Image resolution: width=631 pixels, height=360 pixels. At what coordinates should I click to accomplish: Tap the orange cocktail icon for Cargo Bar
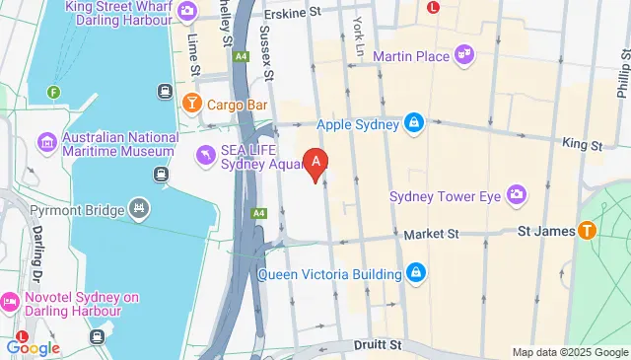tap(191, 103)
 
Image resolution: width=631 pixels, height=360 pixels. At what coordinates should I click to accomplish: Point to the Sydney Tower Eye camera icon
tap(517, 194)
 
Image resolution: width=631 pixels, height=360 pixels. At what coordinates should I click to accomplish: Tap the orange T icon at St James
tap(587, 232)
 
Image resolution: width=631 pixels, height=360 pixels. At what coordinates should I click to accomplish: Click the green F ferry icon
tap(53, 93)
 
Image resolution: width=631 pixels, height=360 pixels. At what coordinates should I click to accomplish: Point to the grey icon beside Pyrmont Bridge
tap(140, 209)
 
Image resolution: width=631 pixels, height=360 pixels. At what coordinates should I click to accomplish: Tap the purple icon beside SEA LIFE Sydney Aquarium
tap(204, 154)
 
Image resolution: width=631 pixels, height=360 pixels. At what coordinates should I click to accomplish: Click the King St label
tap(582, 144)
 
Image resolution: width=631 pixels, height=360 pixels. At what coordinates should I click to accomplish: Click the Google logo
tap(33, 347)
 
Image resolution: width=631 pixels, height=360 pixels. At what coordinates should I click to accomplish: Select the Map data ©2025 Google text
tap(569, 352)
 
